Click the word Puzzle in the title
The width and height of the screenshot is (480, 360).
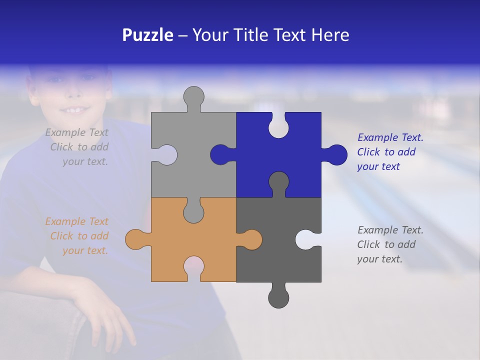(147, 35)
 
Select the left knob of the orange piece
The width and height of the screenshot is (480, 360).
(135, 239)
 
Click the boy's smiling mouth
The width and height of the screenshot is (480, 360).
(75, 109)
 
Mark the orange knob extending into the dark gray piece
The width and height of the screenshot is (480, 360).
(251, 239)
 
